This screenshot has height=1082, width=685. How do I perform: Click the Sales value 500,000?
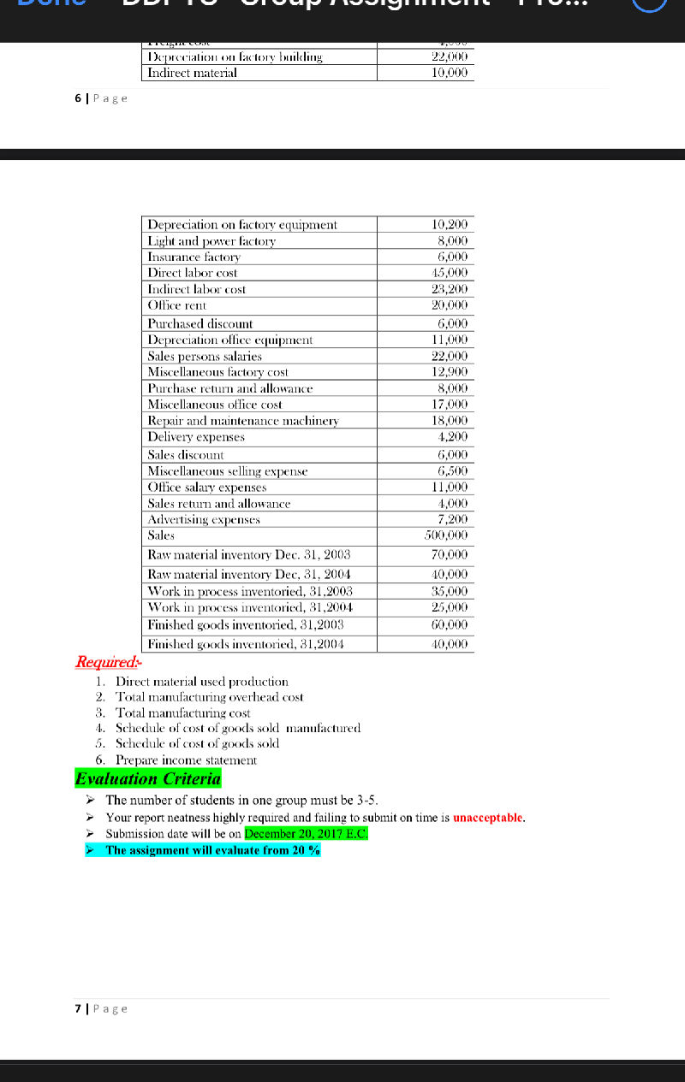[446, 535]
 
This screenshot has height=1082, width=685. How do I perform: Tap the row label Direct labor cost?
[193, 273]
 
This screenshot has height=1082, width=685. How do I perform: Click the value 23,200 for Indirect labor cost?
[450, 289]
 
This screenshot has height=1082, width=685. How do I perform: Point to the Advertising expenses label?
[204, 519]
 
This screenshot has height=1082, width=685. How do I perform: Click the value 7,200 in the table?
[452, 519]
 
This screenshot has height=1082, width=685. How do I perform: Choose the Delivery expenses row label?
[196, 437]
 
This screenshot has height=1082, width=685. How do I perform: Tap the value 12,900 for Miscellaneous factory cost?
[450, 372]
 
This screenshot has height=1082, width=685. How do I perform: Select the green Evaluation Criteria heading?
[148, 779]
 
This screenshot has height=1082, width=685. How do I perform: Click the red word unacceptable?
[487, 818]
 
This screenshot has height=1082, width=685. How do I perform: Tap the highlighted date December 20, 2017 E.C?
[306, 833]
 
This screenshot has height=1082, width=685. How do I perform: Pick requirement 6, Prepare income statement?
[186, 760]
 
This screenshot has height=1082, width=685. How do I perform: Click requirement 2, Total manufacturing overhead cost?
[209, 697]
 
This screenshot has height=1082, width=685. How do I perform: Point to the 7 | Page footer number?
[78, 1008]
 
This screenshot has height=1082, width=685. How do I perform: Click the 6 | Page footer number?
[78, 98]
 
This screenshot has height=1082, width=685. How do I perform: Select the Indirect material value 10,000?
[450, 74]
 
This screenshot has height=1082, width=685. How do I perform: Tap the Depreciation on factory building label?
[235, 57]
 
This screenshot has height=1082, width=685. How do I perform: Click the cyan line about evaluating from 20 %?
[212, 850]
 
